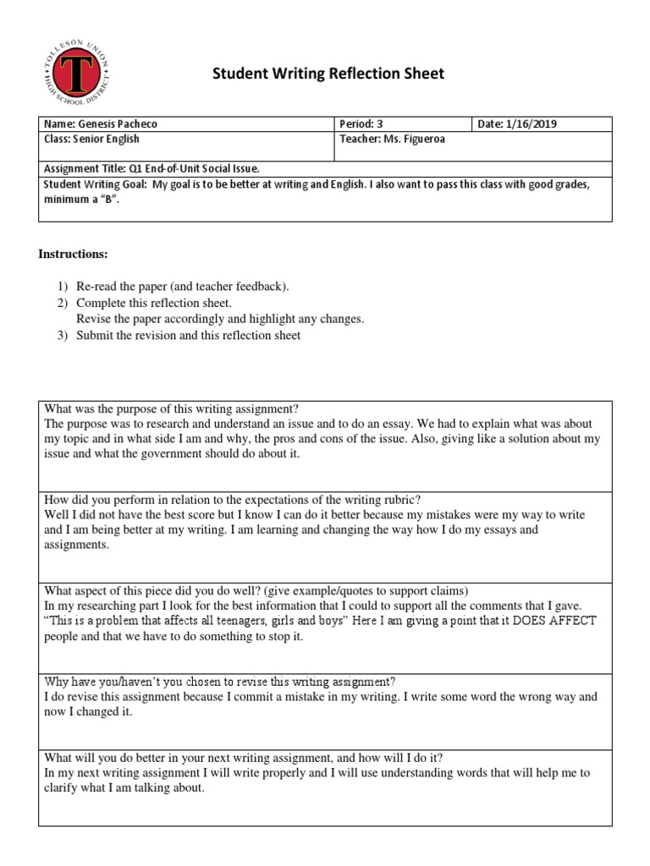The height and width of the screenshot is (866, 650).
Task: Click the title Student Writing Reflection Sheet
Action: [327, 74]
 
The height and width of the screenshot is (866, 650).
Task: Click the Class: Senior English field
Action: [91, 139]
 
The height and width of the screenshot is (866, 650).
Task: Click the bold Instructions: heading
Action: [74, 255]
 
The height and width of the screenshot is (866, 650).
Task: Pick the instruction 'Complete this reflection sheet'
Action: [153, 303]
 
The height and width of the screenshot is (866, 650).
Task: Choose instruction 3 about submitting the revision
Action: [187, 335]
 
